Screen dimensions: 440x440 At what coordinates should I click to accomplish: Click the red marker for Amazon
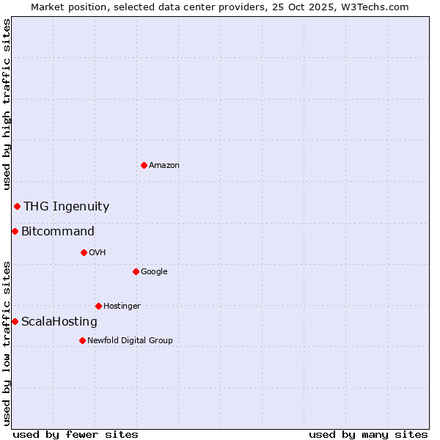point(144,165)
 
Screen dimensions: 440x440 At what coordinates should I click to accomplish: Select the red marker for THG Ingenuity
point(17,206)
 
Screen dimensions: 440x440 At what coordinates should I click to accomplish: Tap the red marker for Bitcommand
point(15,231)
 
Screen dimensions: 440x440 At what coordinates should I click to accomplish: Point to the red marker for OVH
point(84,252)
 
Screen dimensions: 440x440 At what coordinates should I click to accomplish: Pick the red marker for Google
point(136,271)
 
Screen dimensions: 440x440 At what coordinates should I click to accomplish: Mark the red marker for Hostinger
point(98,306)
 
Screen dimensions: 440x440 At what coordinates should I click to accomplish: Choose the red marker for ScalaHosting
point(15,321)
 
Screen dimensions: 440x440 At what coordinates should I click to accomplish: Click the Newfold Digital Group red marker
point(82,340)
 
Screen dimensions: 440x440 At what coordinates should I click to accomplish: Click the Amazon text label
point(164,166)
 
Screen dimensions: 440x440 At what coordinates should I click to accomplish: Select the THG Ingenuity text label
point(66,207)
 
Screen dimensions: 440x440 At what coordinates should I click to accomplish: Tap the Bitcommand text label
point(58,232)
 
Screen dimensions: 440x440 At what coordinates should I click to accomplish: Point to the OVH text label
point(98,253)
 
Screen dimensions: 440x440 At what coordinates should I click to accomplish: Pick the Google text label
point(154,272)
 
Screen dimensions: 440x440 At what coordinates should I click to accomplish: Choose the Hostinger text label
point(122,307)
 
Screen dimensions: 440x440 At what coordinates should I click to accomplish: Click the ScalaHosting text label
point(59,322)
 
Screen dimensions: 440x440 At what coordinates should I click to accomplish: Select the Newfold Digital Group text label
point(130,341)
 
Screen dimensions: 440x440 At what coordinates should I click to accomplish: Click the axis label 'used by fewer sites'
point(76,434)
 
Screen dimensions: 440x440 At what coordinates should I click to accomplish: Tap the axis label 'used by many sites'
point(368,434)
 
